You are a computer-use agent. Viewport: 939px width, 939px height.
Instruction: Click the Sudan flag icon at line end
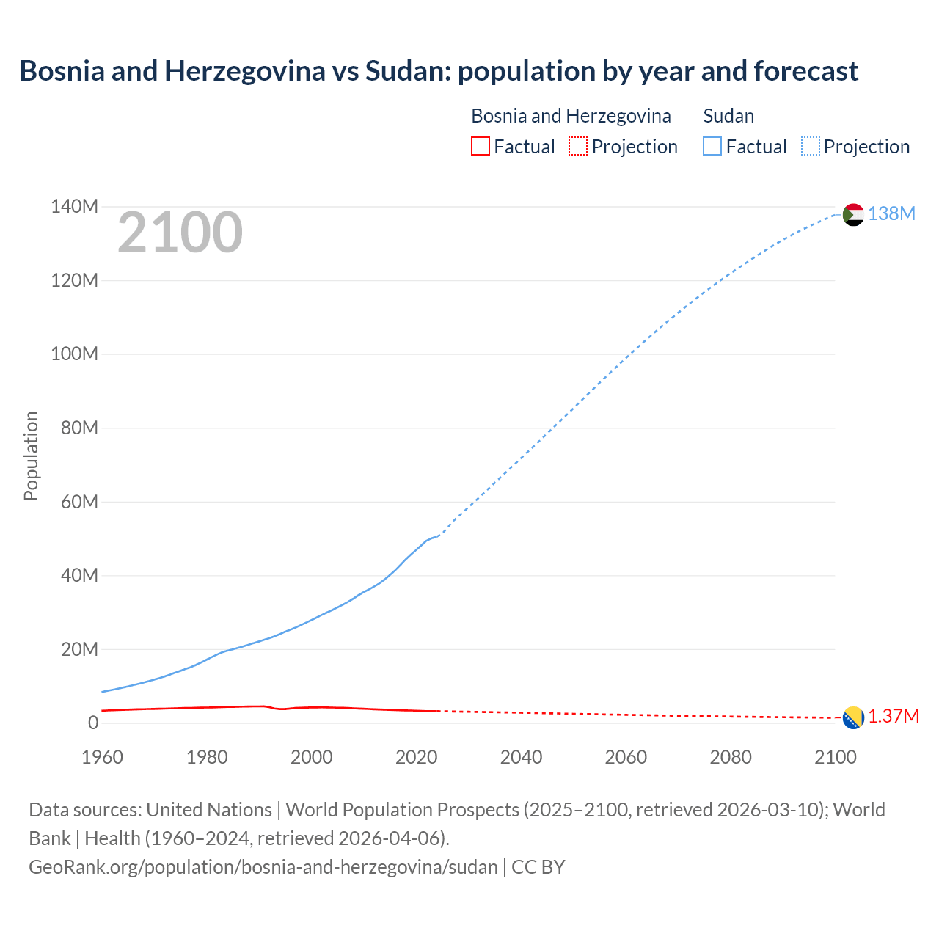[853, 214]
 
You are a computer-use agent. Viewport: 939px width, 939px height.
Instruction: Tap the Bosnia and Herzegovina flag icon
[853, 717]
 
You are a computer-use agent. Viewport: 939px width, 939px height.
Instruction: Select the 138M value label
[891, 213]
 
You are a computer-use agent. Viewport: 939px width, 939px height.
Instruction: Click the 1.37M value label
[894, 717]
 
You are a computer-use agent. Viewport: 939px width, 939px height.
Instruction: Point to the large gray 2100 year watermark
[180, 233]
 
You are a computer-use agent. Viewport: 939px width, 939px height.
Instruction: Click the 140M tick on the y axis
[74, 207]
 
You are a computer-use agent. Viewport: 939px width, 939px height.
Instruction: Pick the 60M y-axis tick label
[79, 502]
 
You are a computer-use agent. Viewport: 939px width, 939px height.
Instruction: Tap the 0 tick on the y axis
[92, 723]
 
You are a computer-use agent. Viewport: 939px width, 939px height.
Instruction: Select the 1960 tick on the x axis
[102, 757]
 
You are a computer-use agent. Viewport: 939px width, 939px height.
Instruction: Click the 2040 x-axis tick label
[521, 757]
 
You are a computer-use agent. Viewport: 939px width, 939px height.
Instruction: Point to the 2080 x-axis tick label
[731, 757]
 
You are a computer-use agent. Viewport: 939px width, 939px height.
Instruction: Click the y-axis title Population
[31, 456]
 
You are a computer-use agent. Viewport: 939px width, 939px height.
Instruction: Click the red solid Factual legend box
[480, 147]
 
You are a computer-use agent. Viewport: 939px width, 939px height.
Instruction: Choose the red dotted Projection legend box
[578, 147]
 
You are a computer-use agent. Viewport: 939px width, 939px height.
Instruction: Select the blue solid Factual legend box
[712, 147]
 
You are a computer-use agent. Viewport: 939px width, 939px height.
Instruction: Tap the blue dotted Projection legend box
[810, 147]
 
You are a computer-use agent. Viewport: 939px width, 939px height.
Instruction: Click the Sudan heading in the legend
[728, 116]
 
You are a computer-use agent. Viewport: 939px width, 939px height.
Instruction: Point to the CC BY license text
[538, 867]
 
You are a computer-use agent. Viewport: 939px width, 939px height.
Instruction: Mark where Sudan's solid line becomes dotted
[439, 535]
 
